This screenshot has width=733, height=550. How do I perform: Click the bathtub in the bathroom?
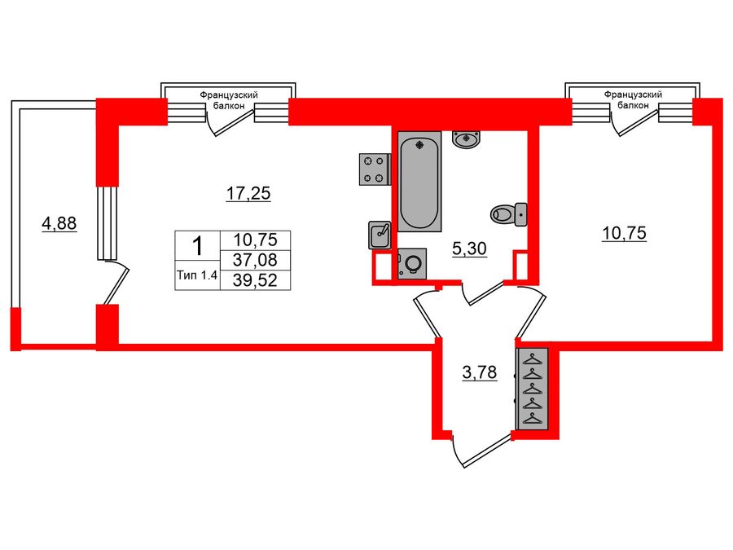pos(419,183)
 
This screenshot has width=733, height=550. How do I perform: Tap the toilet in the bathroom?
pos(509,214)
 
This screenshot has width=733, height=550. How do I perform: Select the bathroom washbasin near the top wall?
pos(466,139)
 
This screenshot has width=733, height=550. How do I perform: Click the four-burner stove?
pos(374,169)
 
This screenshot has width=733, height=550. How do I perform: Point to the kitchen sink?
pos(379,235)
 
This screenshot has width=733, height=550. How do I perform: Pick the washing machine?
pos(412,264)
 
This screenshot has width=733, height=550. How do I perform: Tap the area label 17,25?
pos(248,193)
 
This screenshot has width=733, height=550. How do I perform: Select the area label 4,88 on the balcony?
pos(59,223)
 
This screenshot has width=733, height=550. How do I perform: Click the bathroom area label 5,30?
pos(469,249)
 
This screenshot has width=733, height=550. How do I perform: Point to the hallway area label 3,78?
pos(479,374)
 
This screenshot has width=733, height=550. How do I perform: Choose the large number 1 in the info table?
pos(197,244)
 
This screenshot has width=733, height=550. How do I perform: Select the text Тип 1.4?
pos(197,275)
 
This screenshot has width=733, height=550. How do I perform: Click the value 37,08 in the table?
pos(255,259)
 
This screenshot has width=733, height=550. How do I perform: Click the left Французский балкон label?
pos(229,100)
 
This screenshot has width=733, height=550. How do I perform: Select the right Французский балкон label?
pos(633,100)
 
